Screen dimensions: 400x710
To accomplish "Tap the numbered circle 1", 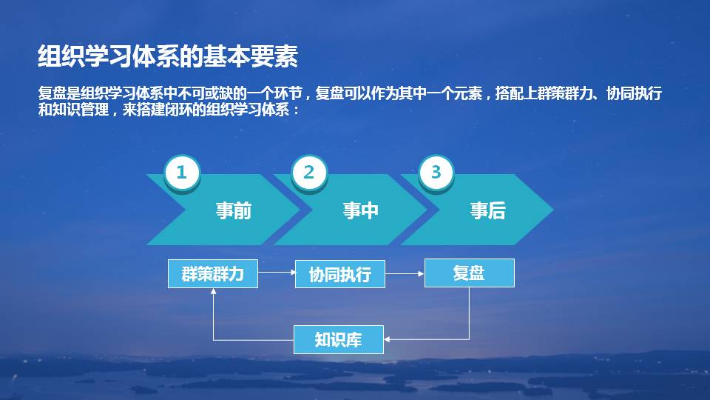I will pyautogui.click(x=182, y=173).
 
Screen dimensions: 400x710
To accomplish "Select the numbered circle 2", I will pyautogui.click(x=309, y=173).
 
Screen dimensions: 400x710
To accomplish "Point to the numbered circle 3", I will pyautogui.click(x=436, y=173).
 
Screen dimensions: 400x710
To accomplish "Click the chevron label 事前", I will pyautogui.click(x=233, y=211).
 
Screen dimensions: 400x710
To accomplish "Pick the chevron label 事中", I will pyautogui.click(x=360, y=211).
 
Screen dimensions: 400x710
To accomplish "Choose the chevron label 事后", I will pyautogui.click(x=487, y=211).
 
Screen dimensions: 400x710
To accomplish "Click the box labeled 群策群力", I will pyautogui.click(x=213, y=273).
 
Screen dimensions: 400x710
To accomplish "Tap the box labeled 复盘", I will pyautogui.click(x=469, y=273).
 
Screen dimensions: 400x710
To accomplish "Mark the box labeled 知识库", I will pyautogui.click(x=339, y=339).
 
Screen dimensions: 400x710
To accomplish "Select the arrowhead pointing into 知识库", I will pyautogui.click(x=388, y=339).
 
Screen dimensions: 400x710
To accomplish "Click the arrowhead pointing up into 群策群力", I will pyautogui.click(x=213, y=292).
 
